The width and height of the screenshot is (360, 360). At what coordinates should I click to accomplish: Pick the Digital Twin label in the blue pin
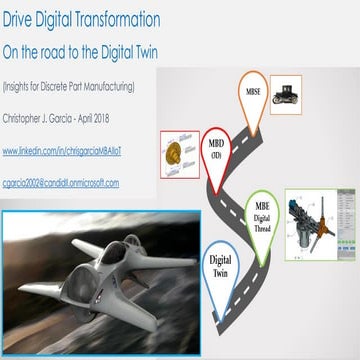click(223, 264)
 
